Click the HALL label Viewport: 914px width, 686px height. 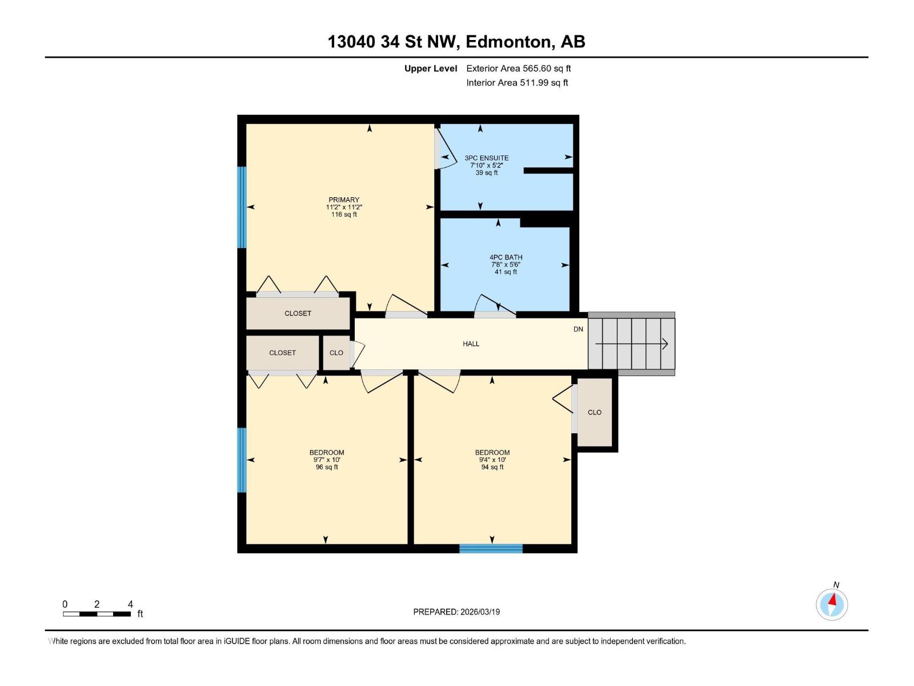pos(471,344)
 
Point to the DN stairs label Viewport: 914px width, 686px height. pos(578,329)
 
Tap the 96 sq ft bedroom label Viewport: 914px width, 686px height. pos(327,460)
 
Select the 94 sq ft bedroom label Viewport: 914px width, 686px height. pos(492,460)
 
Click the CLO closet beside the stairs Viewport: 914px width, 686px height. pos(595,412)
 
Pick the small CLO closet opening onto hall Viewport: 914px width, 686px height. pos(336,353)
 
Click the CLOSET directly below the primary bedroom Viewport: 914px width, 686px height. pos(298,313)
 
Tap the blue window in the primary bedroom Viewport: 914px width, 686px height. pos(242,207)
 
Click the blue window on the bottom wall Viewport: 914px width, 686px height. pos(491,549)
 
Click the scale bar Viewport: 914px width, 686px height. pos(97,614)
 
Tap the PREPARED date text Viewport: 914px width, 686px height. pos(456,612)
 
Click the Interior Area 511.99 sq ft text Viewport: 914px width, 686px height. pos(517,83)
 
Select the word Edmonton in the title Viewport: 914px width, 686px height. pos(510,42)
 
